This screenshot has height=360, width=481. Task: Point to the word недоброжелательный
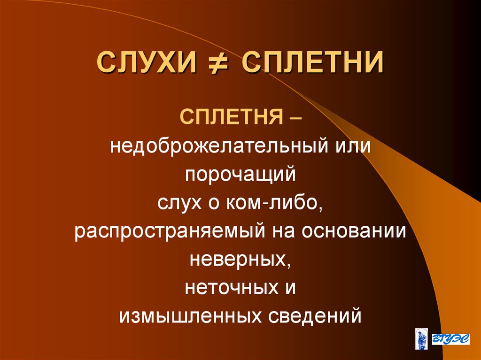(x=216, y=146)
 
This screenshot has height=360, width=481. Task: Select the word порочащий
(x=240, y=176)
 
